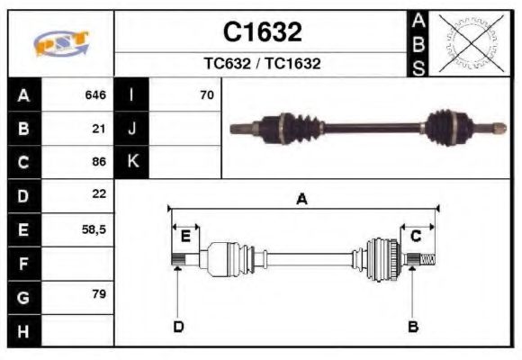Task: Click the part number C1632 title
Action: coord(262,32)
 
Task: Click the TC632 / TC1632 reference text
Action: coord(262,64)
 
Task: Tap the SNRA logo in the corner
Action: coord(61,44)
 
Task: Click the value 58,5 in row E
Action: coord(94,229)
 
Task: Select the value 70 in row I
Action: coord(206,94)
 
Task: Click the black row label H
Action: coord(24,332)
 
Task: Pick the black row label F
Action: coord(24,264)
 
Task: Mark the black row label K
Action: coord(132,162)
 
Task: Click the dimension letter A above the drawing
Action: coord(302,200)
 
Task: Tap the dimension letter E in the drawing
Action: coord(185,237)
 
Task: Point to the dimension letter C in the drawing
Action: coord(416,237)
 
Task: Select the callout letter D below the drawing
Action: coord(178,326)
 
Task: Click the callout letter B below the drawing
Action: coord(413,326)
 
